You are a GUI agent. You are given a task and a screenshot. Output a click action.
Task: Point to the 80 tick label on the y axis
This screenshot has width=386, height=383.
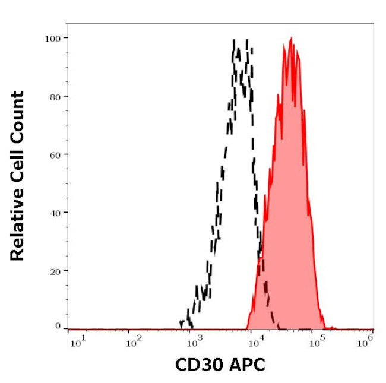[x=54, y=96]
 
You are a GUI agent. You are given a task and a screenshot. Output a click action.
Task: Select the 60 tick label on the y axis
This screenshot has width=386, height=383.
[x=54, y=154]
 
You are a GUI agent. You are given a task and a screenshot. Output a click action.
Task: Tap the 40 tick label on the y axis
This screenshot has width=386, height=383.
[x=54, y=213]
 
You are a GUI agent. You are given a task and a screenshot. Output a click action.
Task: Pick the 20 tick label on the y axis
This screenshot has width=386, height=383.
[x=54, y=271]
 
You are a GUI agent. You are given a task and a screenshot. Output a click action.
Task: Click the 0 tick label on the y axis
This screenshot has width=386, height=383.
[x=58, y=326]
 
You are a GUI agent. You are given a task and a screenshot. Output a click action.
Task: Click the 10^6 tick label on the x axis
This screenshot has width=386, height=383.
[x=367, y=341]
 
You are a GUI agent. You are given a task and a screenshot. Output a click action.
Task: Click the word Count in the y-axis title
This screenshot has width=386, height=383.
[x=17, y=117]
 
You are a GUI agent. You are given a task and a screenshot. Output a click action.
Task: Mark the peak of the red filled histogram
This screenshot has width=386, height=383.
[x=291, y=37]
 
